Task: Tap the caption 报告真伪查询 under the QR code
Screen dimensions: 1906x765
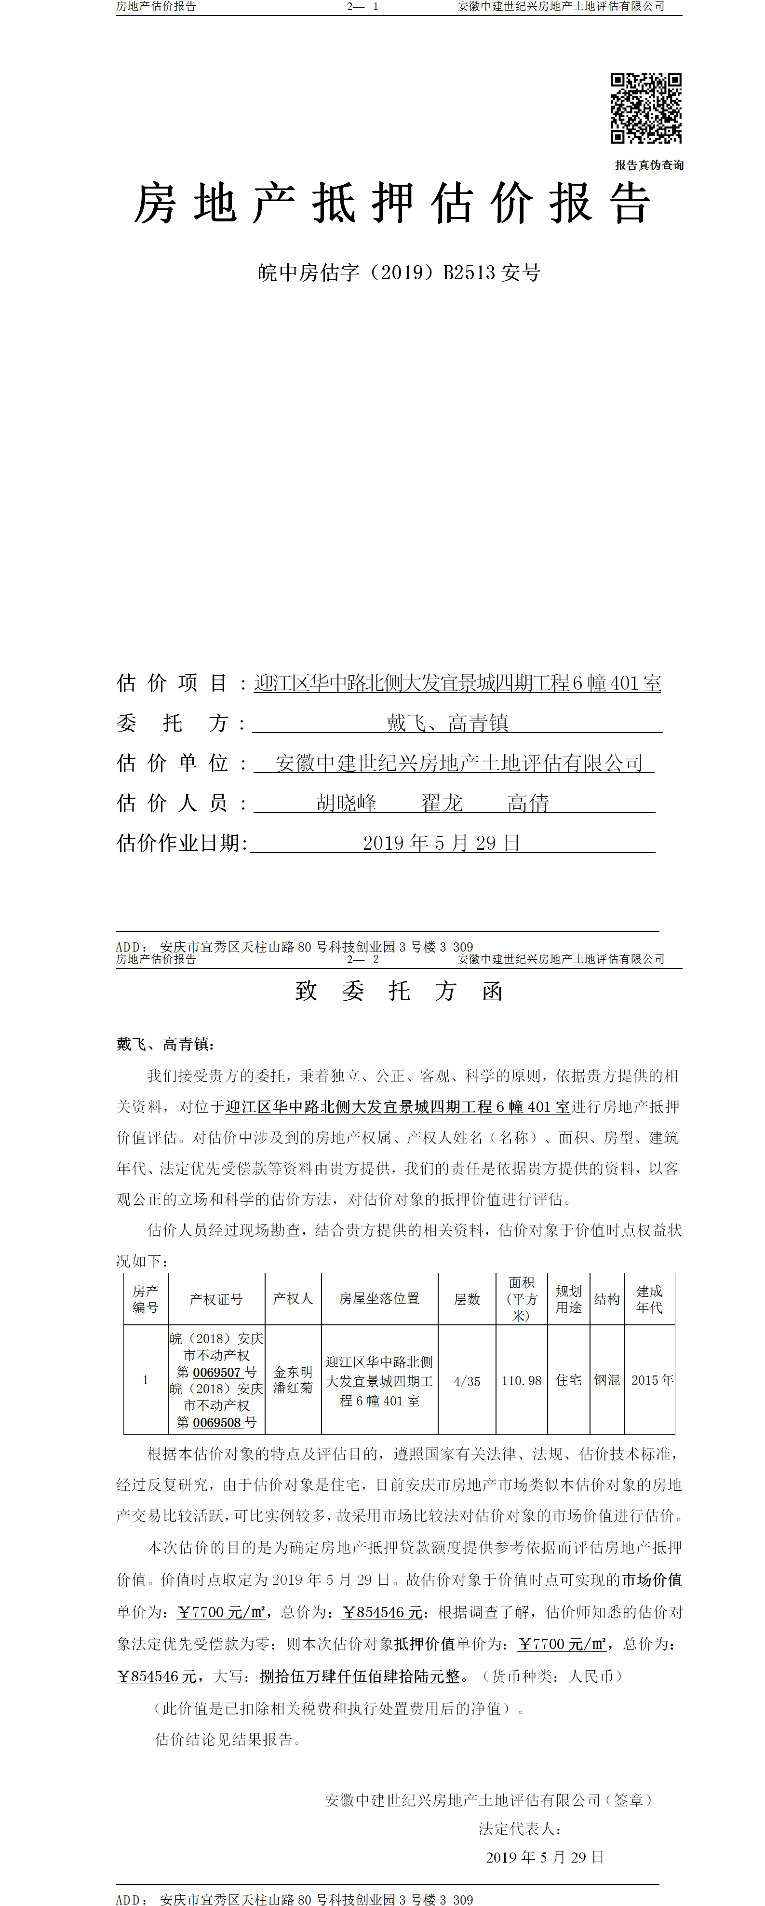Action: coord(649,165)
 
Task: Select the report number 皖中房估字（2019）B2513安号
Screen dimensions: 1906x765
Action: coord(399,273)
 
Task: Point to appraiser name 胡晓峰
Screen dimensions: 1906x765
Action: coord(346,803)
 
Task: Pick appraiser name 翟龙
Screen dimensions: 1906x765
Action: coord(442,803)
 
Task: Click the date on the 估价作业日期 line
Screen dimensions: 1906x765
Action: coord(441,843)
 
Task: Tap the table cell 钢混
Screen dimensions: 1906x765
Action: coord(607,1380)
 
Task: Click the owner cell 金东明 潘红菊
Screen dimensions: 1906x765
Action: coord(293,1380)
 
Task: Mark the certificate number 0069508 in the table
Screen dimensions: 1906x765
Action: coord(217,1422)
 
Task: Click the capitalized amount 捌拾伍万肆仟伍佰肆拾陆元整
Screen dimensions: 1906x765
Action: coord(360,1676)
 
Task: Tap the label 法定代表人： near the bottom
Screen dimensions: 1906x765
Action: coord(519,1828)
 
